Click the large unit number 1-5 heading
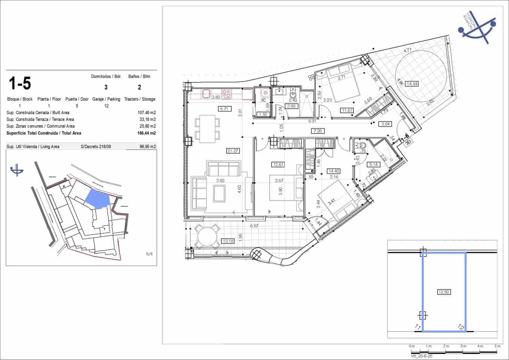pos(20,83)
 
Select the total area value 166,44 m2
pos(147,133)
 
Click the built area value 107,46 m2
pos(147,112)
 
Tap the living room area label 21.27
pos(233,151)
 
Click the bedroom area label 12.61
pos(278,164)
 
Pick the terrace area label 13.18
pos(228,241)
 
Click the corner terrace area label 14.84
pos(412,84)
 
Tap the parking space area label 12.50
pos(444,292)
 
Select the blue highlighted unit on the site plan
pos(97,198)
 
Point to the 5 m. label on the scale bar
pos(497,346)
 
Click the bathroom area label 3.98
pos(291,106)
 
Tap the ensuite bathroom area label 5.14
pos(373,164)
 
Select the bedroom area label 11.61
pos(347,110)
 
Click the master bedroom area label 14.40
pos(333,171)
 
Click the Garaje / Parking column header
pos(106,99)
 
